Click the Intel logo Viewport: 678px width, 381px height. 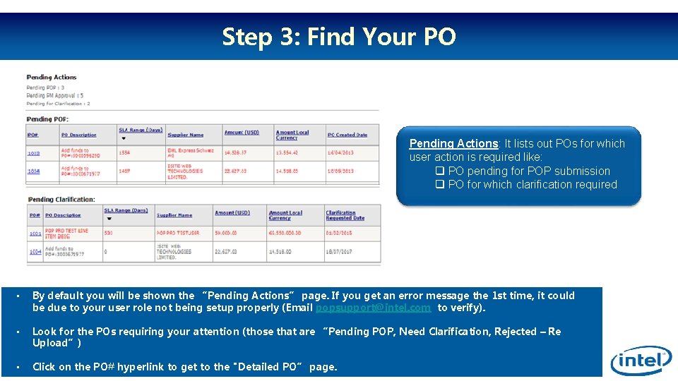(641, 361)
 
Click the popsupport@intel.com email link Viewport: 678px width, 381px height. (373, 308)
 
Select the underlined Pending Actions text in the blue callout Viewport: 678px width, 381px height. (453, 143)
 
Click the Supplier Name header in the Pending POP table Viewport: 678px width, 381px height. (186, 135)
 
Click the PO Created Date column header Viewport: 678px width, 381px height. (347, 135)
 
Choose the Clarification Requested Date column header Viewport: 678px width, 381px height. (345, 215)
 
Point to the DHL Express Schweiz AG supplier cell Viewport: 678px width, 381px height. (190, 152)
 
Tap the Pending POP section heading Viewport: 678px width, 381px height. (47, 119)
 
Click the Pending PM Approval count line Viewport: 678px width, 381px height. (54, 95)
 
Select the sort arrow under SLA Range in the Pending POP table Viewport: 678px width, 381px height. (123, 138)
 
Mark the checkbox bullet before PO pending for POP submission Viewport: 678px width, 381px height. (439, 171)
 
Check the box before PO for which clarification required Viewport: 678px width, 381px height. (439, 184)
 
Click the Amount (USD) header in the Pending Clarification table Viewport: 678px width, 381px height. (232, 213)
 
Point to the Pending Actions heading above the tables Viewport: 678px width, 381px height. (51, 77)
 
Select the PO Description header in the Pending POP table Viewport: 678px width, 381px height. (78, 135)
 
